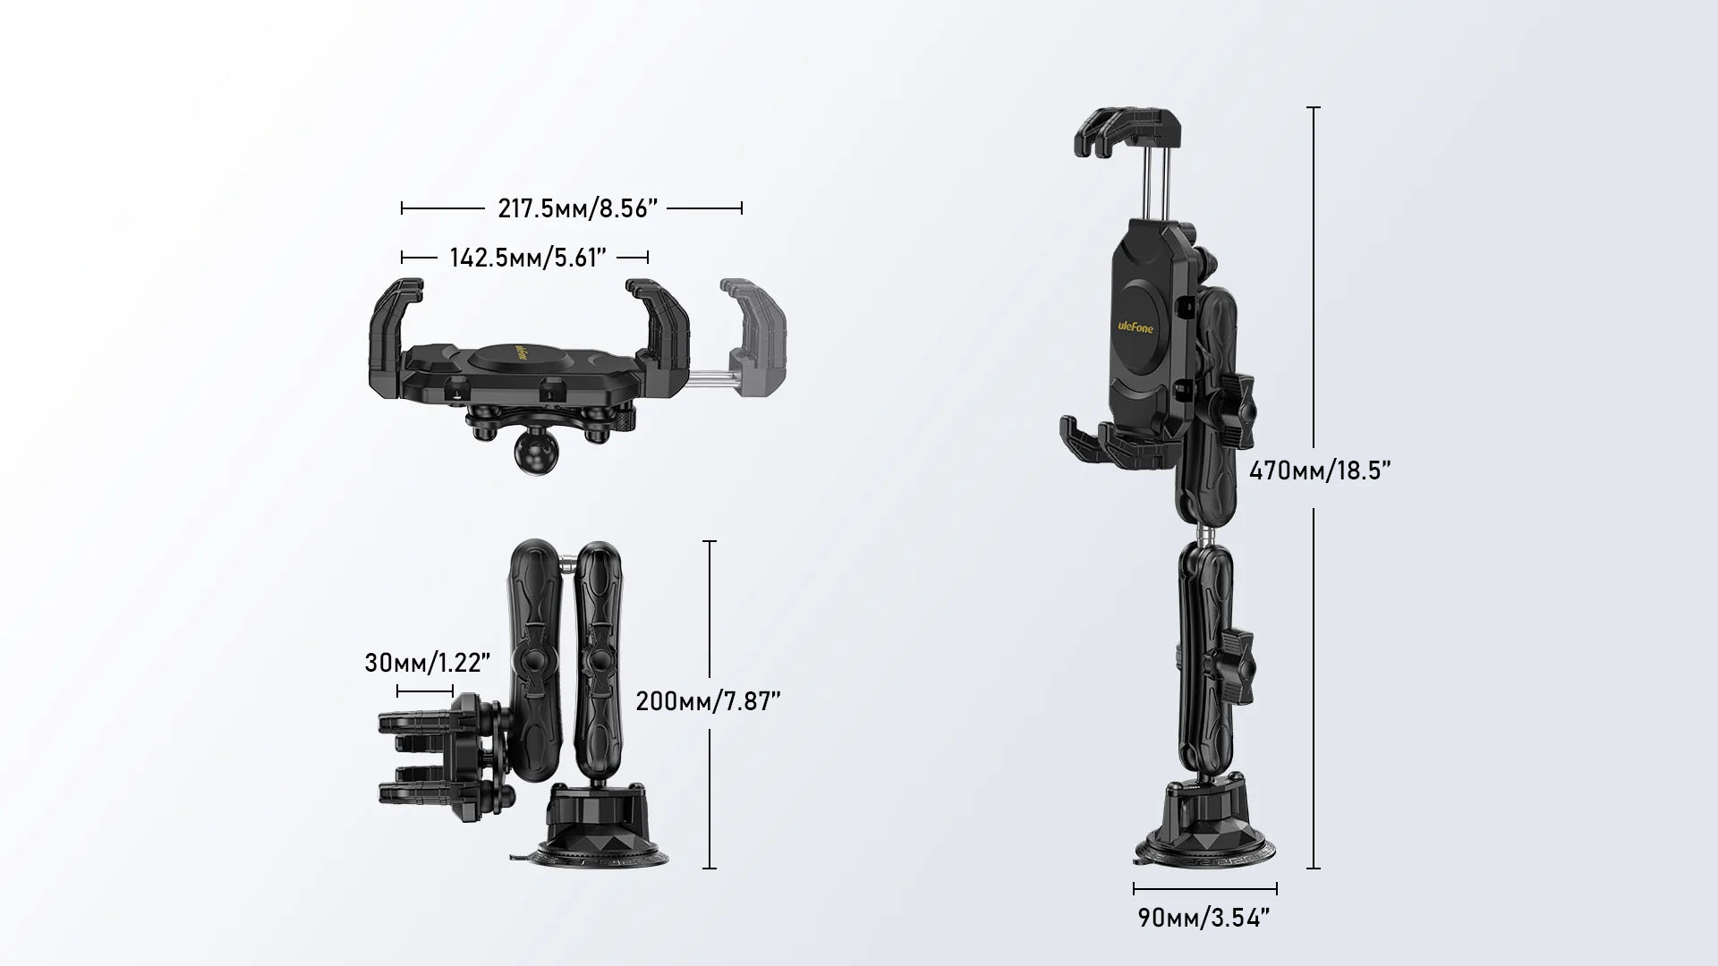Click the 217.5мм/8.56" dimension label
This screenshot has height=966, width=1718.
click(x=578, y=208)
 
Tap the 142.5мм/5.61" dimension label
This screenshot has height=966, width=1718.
click(x=528, y=258)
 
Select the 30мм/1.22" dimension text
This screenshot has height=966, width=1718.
click(x=428, y=663)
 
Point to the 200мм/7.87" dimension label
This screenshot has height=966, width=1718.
click(x=709, y=701)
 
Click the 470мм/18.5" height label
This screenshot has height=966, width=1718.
click(x=1320, y=470)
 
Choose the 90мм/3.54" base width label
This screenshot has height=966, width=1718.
click(x=1204, y=918)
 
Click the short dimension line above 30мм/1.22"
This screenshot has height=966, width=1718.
click(x=425, y=691)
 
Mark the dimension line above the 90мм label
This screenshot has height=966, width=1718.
click(x=1205, y=889)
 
